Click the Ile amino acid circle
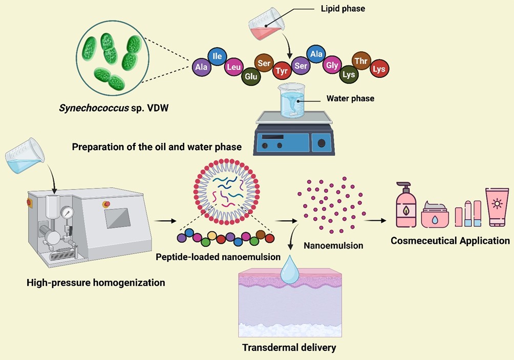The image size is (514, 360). pos(217,56)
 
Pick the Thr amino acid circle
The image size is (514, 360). pos(361,61)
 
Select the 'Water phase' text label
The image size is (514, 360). pos(350,98)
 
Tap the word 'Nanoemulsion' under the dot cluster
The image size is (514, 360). pos(333,245)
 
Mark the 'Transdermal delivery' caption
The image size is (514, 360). pos(289,348)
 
